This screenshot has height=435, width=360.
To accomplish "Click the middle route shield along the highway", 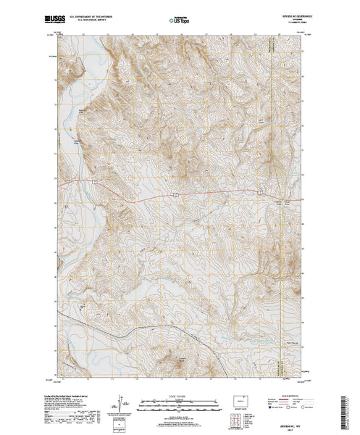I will (174, 195).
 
